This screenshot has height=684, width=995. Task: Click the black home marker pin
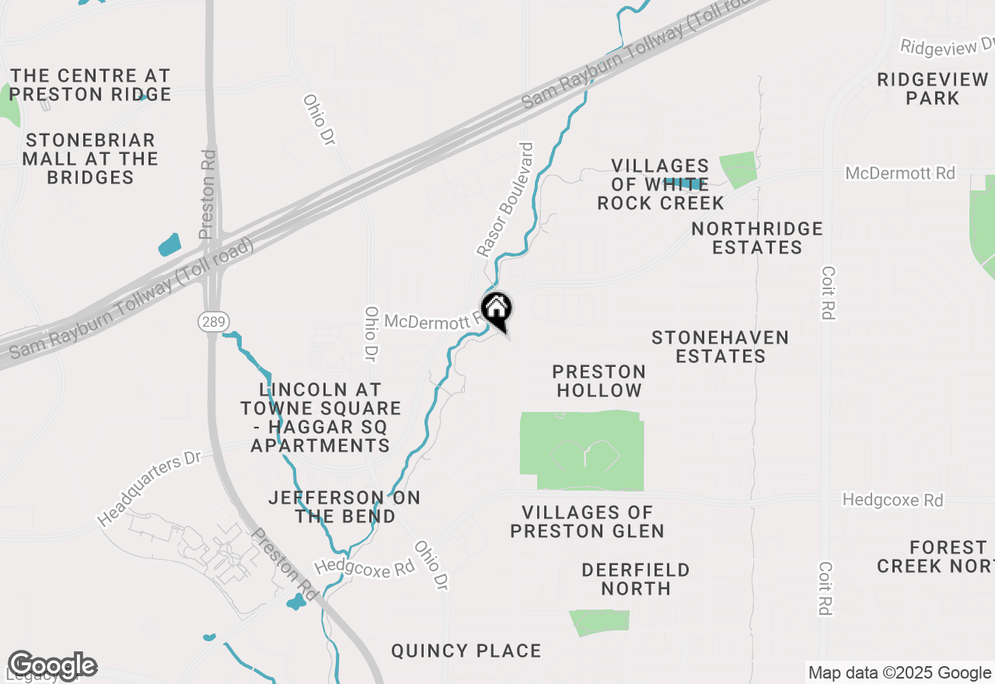tap(497, 310)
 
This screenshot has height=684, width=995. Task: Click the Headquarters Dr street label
tap(150, 488)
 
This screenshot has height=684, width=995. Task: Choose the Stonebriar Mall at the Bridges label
tap(90, 159)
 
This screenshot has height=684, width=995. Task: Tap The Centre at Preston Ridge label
tap(90, 85)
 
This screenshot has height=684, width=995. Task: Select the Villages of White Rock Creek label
tap(660, 184)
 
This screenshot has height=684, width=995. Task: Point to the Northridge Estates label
tap(756, 238)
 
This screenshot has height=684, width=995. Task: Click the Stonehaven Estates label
tap(721, 347)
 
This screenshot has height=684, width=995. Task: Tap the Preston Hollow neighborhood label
tap(599, 381)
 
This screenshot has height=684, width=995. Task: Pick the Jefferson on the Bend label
tap(344, 507)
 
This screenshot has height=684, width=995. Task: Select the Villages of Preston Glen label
tap(587, 522)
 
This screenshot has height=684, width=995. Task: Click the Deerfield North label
tap(635, 579)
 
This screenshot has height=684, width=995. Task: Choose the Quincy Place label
tap(466, 651)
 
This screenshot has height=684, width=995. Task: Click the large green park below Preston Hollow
tap(581, 451)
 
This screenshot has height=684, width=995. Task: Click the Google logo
tap(52, 665)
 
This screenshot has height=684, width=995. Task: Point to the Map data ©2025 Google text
tap(899, 673)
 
